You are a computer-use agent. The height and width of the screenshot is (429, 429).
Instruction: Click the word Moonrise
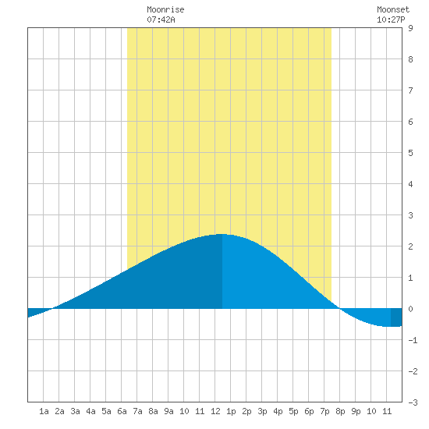[165, 9]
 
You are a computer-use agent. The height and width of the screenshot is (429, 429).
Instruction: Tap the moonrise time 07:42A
[161, 19]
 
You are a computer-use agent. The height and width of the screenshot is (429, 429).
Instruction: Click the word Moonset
[393, 9]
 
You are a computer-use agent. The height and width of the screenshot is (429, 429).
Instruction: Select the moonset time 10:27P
[391, 19]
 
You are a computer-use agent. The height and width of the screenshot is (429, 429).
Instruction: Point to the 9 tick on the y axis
[410, 28]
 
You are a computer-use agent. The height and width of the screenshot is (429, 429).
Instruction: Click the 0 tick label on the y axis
[410, 309]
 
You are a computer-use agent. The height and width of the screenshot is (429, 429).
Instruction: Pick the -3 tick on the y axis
[413, 402]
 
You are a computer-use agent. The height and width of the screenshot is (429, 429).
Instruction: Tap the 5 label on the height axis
[410, 153]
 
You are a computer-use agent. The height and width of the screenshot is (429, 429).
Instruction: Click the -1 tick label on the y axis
[413, 340]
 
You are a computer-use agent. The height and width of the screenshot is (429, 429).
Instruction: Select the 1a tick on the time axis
[44, 411]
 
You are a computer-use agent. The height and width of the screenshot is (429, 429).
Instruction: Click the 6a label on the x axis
[122, 411]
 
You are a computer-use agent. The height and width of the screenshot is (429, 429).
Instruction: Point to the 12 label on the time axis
[215, 411]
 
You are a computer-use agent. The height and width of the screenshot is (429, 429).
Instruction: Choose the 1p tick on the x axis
[231, 411]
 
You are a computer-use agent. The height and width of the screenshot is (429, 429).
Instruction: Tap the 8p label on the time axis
[340, 411]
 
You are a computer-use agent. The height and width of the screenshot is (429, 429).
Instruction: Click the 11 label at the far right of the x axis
[387, 411]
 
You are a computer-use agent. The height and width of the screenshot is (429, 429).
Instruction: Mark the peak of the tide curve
[222, 234]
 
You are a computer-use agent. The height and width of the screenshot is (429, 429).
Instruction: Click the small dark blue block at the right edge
[396, 317]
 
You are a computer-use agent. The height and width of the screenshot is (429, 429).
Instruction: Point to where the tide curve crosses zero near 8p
[339, 309]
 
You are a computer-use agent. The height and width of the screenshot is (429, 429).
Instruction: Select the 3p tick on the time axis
[262, 411]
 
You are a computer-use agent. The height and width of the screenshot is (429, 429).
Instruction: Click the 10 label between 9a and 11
[184, 411]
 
